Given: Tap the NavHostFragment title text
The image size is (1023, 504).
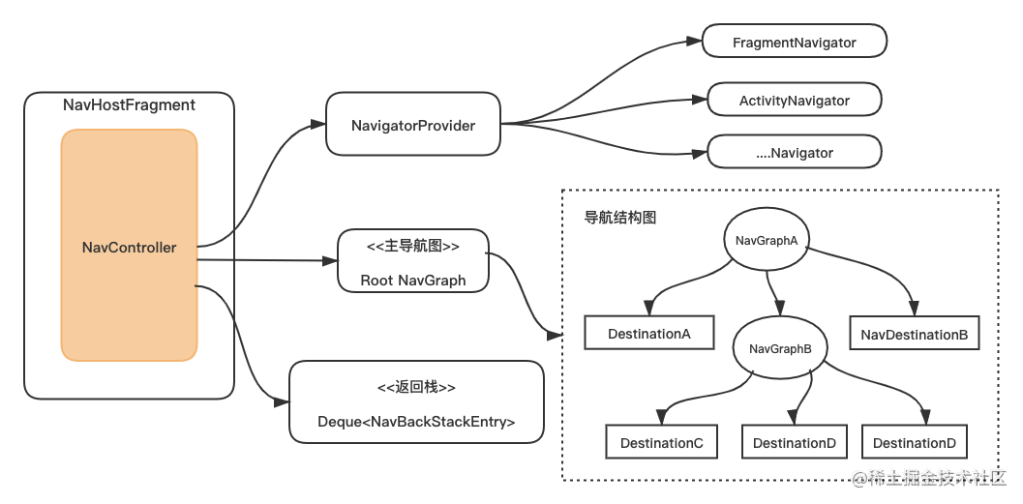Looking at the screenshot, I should pyautogui.click(x=129, y=105).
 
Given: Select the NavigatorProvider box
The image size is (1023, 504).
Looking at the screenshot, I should pyautogui.click(x=413, y=125).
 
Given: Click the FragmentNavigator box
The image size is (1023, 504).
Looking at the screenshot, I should pyautogui.click(x=794, y=43).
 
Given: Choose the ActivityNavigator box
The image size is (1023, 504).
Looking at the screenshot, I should pyautogui.click(x=794, y=101).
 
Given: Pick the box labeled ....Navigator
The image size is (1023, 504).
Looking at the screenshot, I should pyautogui.click(x=794, y=153).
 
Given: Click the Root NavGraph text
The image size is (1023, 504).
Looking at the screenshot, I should pyautogui.click(x=413, y=281).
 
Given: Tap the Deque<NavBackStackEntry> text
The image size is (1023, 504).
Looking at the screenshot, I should pyautogui.click(x=416, y=422).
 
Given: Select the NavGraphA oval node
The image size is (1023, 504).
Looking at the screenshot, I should pyautogui.click(x=767, y=241).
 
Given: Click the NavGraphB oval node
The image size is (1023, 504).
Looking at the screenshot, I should pyautogui.click(x=780, y=349).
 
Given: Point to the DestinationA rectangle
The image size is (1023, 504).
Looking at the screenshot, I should pyautogui.click(x=648, y=334).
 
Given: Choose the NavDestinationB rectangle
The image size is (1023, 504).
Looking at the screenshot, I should pyautogui.click(x=914, y=335).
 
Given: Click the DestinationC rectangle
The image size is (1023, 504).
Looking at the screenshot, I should pyautogui.click(x=661, y=443).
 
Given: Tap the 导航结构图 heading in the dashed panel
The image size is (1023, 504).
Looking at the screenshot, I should pyautogui.click(x=620, y=218).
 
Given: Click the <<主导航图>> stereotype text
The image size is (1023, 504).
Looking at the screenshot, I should pyautogui.click(x=413, y=247).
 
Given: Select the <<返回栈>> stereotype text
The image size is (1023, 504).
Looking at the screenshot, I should pyautogui.click(x=416, y=387).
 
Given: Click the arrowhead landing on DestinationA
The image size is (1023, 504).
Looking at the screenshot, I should pyautogui.click(x=651, y=309).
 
